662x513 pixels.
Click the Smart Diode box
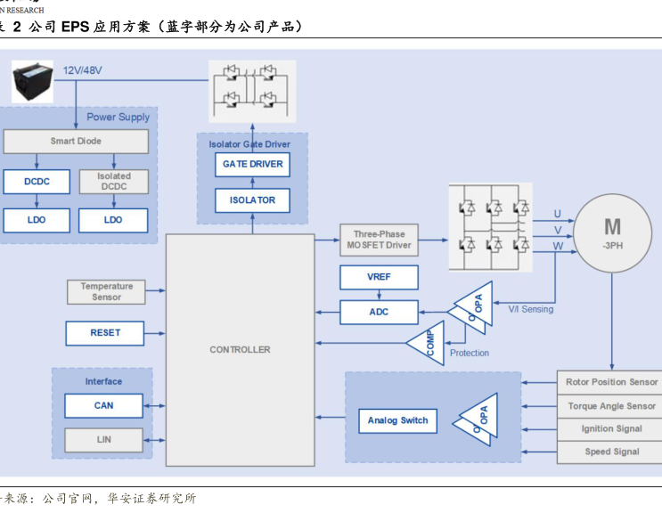[x=76, y=141]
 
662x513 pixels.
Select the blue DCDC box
[x=36, y=182]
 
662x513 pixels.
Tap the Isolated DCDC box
[x=113, y=182]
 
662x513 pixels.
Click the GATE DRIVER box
[x=252, y=164]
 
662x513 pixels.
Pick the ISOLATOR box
[x=252, y=199]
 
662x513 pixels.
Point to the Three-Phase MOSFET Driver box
[x=378, y=240]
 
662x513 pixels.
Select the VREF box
[x=379, y=277]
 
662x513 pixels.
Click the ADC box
[x=379, y=312]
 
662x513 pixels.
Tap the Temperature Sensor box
[x=106, y=291]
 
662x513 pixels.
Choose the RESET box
[x=104, y=333]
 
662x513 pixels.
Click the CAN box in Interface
[x=103, y=406]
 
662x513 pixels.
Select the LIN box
[x=103, y=440]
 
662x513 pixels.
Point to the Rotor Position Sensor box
[x=611, y=382]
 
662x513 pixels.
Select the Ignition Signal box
[x=611, y=428]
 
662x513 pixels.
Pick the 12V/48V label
[x=82, y=69]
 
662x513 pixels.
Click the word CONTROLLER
[x=240, y=349]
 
